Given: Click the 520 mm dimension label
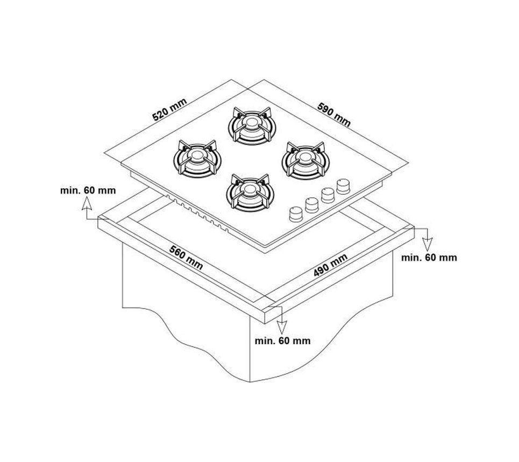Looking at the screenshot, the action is (169, 109).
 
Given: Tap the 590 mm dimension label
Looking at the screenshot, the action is (333, 115).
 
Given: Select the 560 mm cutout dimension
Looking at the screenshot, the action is (186, 257).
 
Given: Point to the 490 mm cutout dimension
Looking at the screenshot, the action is (330, 265).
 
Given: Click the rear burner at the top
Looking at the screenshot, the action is (252, 126).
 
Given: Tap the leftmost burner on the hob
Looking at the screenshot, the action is (197, 159).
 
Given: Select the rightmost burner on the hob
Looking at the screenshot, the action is (305, 160).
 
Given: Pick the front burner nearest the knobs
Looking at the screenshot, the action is (250, 193).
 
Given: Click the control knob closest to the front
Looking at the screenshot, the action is (296, 214).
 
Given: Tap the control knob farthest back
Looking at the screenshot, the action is (343, 186).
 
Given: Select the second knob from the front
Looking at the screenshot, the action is (312, 205).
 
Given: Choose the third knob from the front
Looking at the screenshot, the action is (328, 195).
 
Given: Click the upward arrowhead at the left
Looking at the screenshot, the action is (87, 203).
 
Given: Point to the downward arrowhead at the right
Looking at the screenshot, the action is (428, 244).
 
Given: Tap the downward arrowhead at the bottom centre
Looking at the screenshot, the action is (282, 327).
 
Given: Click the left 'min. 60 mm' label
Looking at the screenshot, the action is (88, 190).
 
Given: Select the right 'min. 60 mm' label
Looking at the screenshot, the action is (429, 258).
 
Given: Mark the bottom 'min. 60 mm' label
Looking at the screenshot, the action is (283, 340).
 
